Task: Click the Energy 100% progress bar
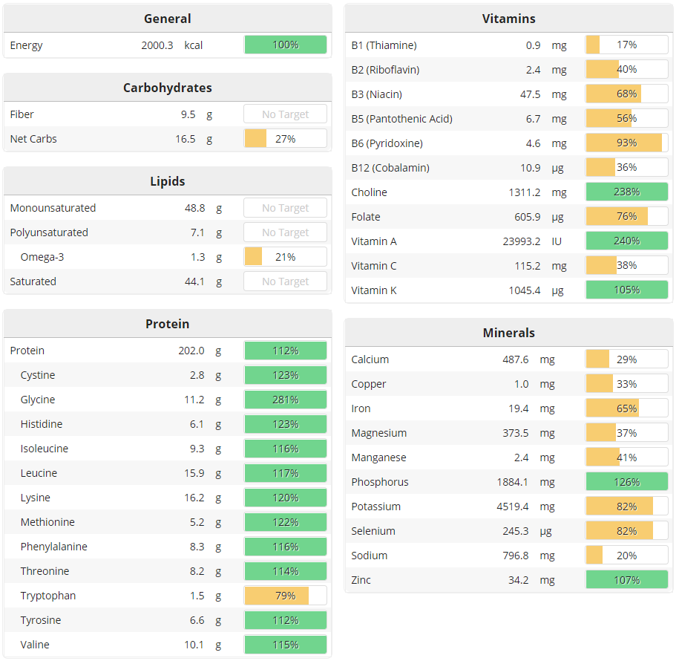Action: click(x=286, y=45)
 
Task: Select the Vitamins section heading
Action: click(x=508, y=19)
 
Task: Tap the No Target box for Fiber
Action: click(x=286, y=114)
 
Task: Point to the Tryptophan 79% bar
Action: click(x=286, y=596)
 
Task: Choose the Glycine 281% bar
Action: click(x=286, y=400)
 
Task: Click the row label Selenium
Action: click(x=373, y=531)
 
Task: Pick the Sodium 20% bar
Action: click(x=626, y=556)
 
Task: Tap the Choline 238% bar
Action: click(x=626, y=192)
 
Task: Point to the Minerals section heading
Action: click(x=508, y=333)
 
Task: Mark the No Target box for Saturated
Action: click(x=286, y=281)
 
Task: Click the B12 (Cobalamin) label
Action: click(x=390, y=168)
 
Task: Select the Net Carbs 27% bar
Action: click(x=286, y=139)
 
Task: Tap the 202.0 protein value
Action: click(x=191, y=351)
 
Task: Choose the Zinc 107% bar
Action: click(x=626, y=580)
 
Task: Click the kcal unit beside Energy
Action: click(x=194, y=45)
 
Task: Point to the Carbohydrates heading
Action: click(x=168, y=88)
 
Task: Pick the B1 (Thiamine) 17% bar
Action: click(x=626, y=45)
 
